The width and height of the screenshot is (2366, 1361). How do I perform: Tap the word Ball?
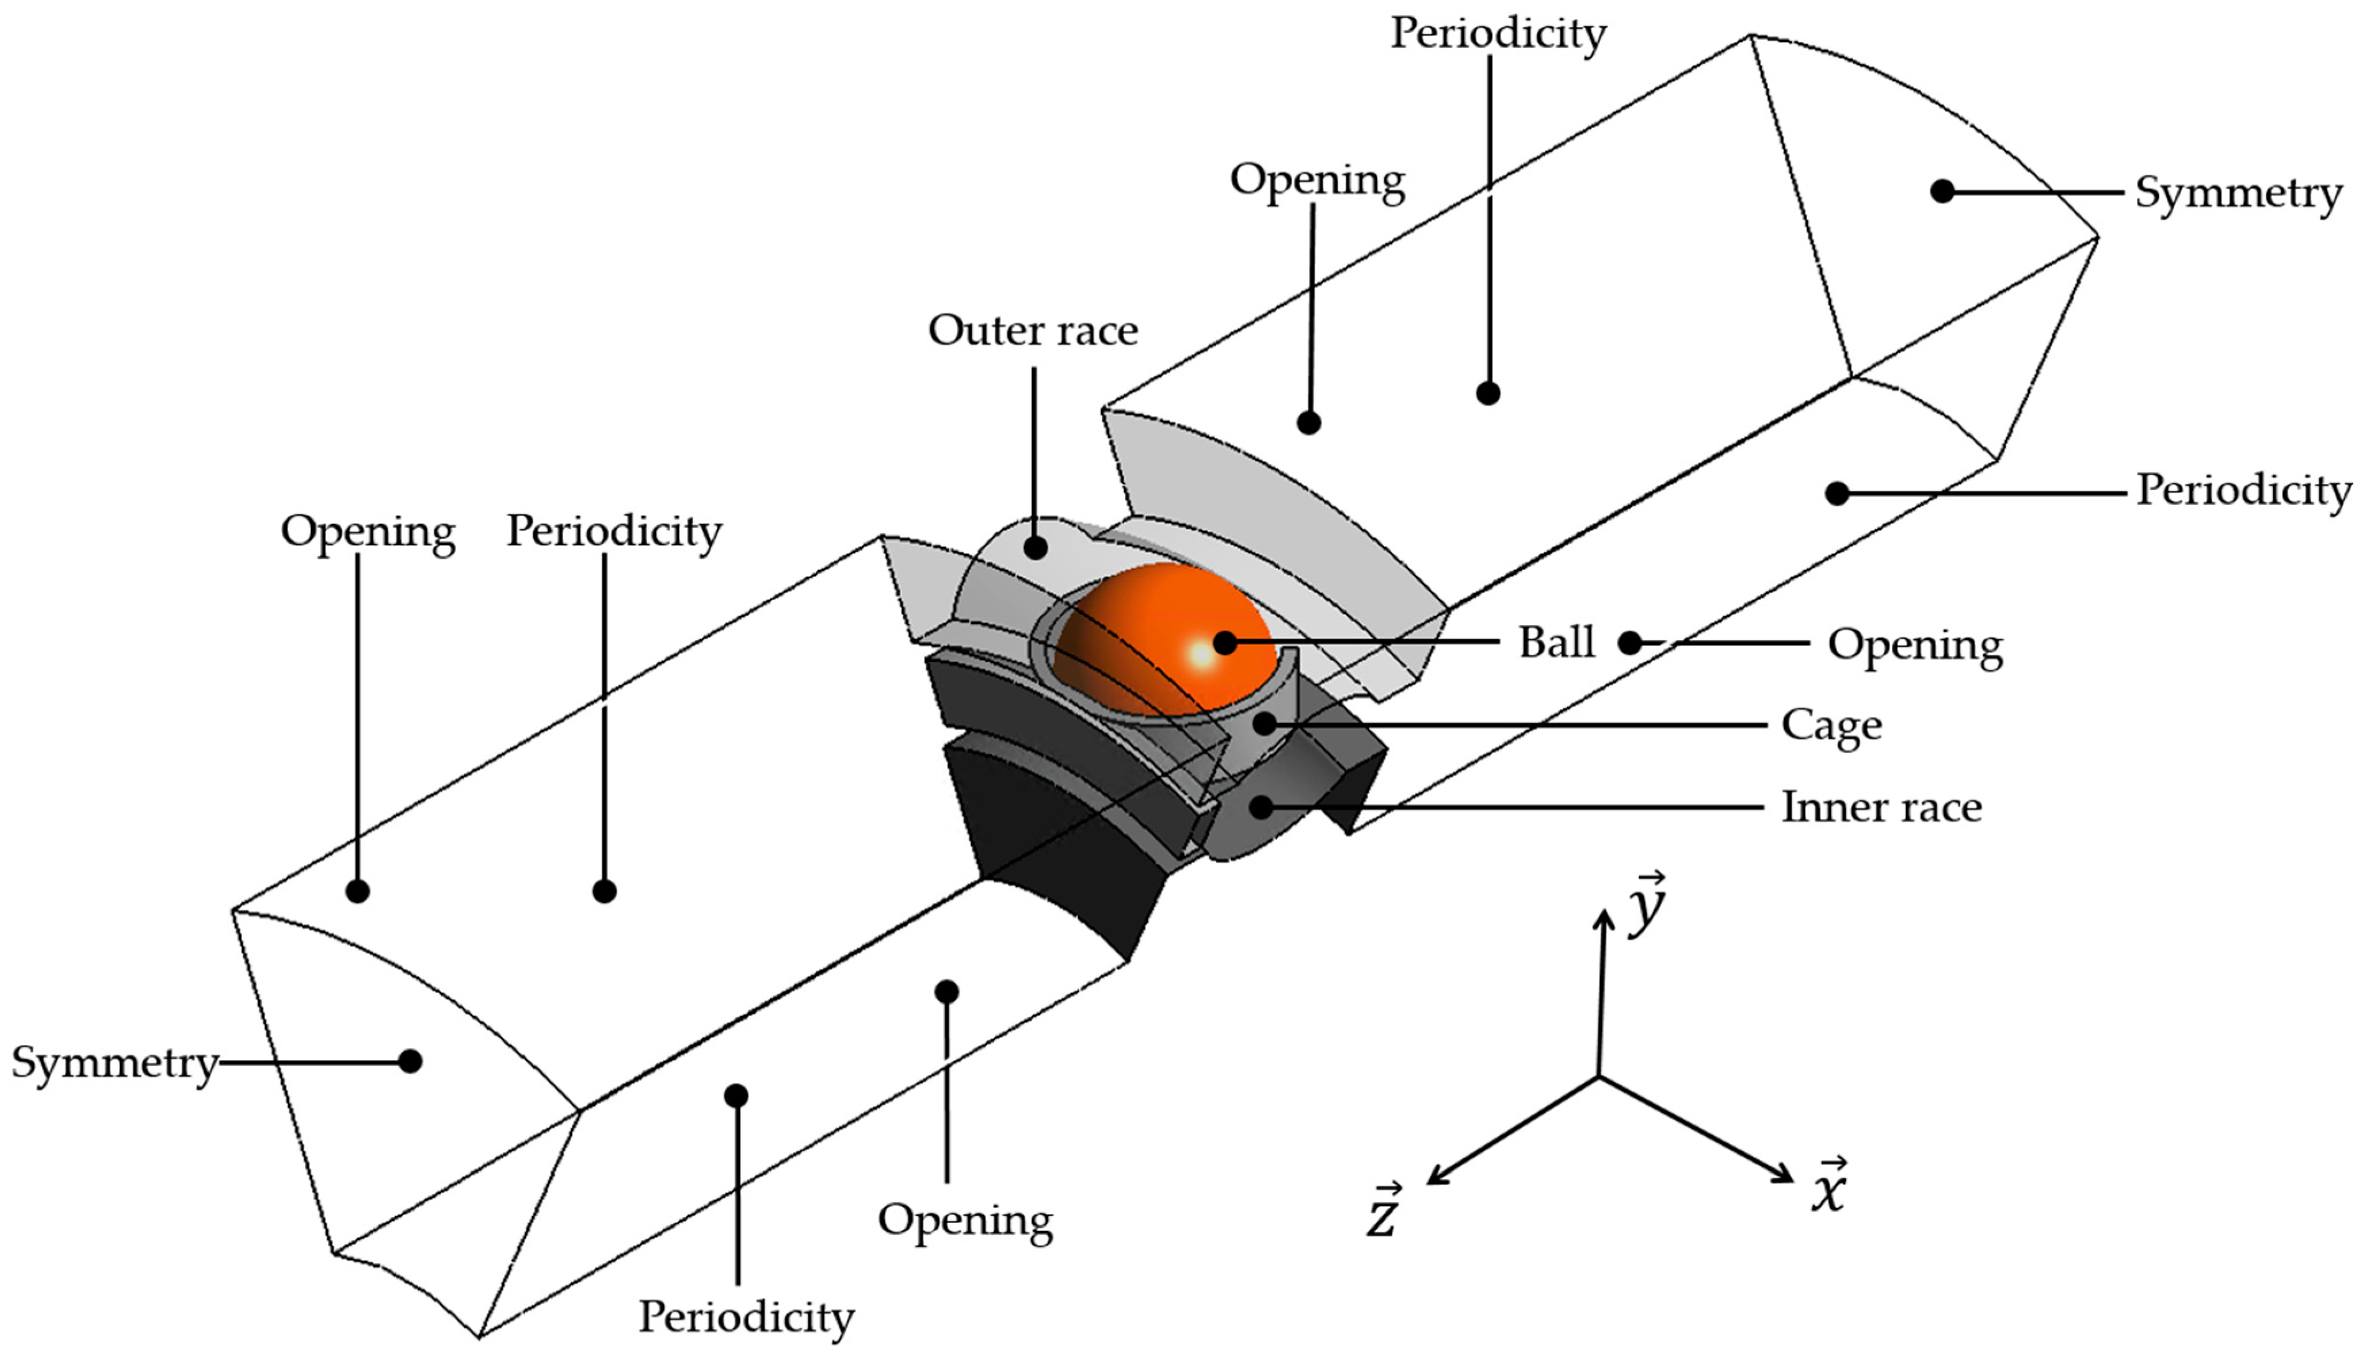[x=1555, y=643]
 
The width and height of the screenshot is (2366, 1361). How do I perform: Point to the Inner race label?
[x=1881, y=808]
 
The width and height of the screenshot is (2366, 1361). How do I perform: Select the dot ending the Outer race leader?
[x=1035, y=547]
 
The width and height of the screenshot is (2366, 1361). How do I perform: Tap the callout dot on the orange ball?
[x=1225, y=642]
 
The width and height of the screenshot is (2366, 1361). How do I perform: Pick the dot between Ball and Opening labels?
[x=1630, y=643]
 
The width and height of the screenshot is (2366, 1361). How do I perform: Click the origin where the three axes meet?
[x=1598, y=1077]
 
